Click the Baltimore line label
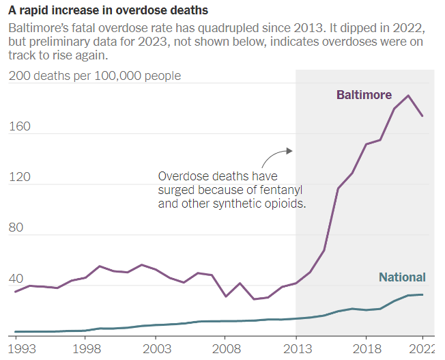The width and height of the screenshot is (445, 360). coord(364,95)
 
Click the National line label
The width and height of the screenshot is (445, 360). coord(402,277)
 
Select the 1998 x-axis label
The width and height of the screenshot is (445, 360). coord(85,350)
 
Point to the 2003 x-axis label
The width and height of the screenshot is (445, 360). coord(155,350)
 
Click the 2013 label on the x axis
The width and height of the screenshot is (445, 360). coord(296,350)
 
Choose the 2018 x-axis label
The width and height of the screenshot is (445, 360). coord(366,350)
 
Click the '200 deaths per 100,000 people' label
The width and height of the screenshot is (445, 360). coord(95,76)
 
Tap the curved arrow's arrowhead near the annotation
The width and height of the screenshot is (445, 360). coord(290,150)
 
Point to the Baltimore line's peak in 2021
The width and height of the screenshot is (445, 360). coord(408,96)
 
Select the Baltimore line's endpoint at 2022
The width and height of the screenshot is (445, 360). coord(422,116)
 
